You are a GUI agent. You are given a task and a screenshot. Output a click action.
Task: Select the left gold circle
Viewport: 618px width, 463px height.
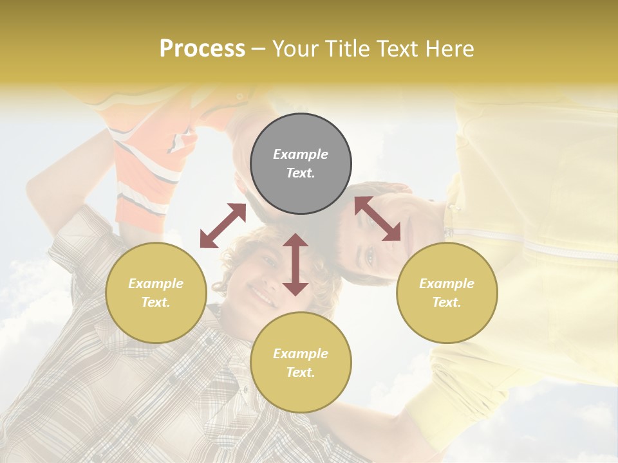(x=156, y=293)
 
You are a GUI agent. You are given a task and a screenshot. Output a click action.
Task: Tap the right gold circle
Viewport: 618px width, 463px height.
(x=447, y=293)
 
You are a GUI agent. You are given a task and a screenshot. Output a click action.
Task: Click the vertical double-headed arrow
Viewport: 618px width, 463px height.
(x=295, y=264)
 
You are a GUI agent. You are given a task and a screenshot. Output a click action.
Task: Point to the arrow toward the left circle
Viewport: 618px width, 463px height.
(x=223, y=226)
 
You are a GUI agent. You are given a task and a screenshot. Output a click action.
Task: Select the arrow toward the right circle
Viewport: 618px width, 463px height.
(x=377, y=219)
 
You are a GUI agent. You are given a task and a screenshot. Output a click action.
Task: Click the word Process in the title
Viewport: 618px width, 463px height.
(x=202, y=49)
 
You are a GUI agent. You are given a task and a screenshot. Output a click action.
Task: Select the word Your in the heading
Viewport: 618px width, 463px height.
(x=295, y=49)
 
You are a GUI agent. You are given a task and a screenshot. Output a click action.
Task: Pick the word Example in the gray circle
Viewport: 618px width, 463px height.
(x=301, y=154)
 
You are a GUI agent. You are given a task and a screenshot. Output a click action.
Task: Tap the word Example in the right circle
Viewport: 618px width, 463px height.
(x=447, y=284)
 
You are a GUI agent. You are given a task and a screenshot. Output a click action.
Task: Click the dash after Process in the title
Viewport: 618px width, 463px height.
(x=259, y=49)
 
